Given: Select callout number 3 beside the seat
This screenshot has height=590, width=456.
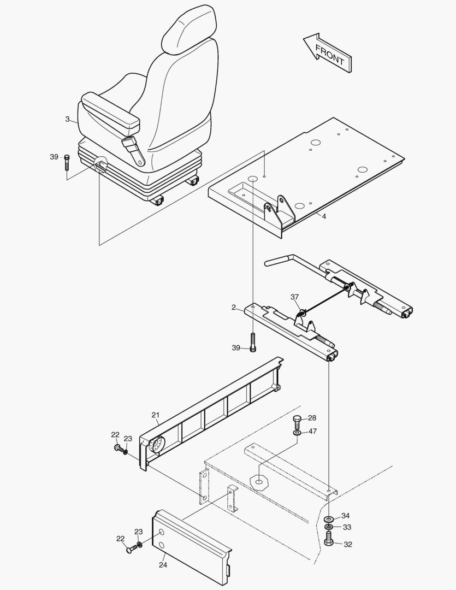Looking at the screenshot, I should point(67,119).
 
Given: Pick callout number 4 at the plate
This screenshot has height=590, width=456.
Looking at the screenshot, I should point(324,217).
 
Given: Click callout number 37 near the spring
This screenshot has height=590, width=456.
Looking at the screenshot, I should point(295,297).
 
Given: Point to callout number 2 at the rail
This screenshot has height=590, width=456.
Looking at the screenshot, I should point(233,308).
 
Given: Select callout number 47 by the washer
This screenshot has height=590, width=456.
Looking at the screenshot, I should point(312,432).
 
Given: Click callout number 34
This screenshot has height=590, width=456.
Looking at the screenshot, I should point(345,516).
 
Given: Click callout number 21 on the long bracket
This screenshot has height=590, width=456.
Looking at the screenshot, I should point(155,416).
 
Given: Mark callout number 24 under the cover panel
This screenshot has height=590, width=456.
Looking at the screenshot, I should point(163,565).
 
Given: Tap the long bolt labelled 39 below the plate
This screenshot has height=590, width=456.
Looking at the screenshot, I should point(253,343).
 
